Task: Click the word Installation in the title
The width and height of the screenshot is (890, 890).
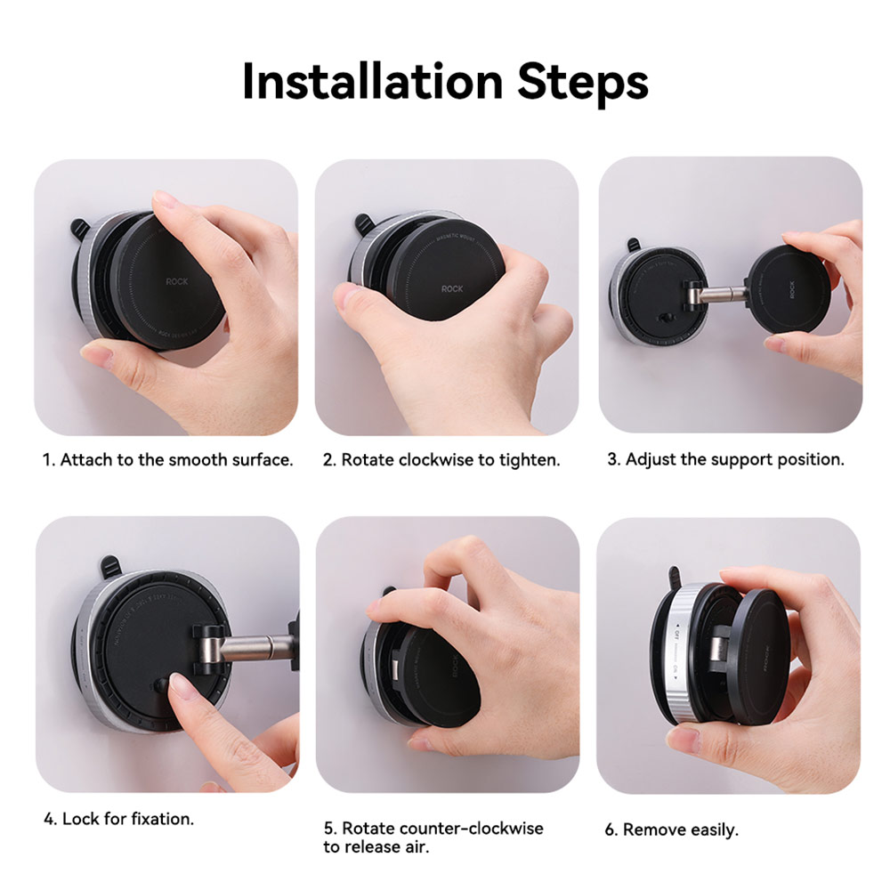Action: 371,82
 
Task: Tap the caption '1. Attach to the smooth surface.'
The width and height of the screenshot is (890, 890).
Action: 168,460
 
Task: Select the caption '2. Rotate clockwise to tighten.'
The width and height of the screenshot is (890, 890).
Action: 441,460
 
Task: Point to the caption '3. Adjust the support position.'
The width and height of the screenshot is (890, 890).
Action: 725,460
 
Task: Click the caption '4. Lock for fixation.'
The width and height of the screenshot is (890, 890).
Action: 118,819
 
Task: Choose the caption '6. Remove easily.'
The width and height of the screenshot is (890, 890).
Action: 671,829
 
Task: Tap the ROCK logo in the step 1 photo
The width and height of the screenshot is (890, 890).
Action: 177,282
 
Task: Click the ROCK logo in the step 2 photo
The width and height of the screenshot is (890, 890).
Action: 453,288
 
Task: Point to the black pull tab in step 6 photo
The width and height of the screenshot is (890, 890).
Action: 675,576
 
